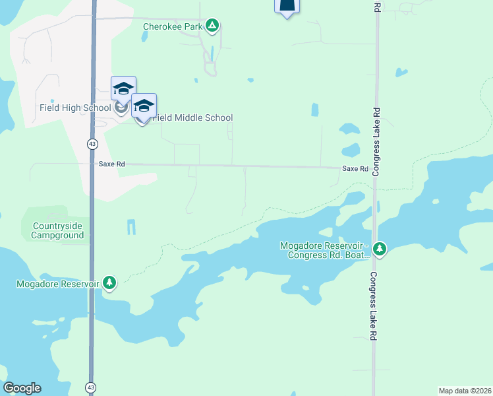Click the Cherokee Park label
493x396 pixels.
[x=173, y=27]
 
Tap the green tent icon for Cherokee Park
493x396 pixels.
[x=212, y=26]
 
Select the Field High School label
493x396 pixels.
[x=75, y=108]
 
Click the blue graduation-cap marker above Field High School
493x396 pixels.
[x=123, y=88]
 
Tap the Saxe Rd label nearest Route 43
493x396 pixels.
[x=111, y=164]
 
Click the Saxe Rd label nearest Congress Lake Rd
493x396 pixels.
[x=355, y=169]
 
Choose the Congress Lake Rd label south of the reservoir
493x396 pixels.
[x=373, y=306]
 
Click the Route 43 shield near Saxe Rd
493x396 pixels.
[x=92, y=143]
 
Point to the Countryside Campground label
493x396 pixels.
[x=58, y=230]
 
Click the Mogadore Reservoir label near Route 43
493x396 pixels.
[x=58, y=284]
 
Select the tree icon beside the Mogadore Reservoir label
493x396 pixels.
[x=109, y=283]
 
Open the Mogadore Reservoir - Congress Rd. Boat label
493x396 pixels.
[x=324, y=250]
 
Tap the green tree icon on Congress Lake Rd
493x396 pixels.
[x=379, y=249]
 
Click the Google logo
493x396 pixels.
[x=22, y=388]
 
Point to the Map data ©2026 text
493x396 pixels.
[x=465, y=391]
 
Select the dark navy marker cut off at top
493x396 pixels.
[x=287, y=6]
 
